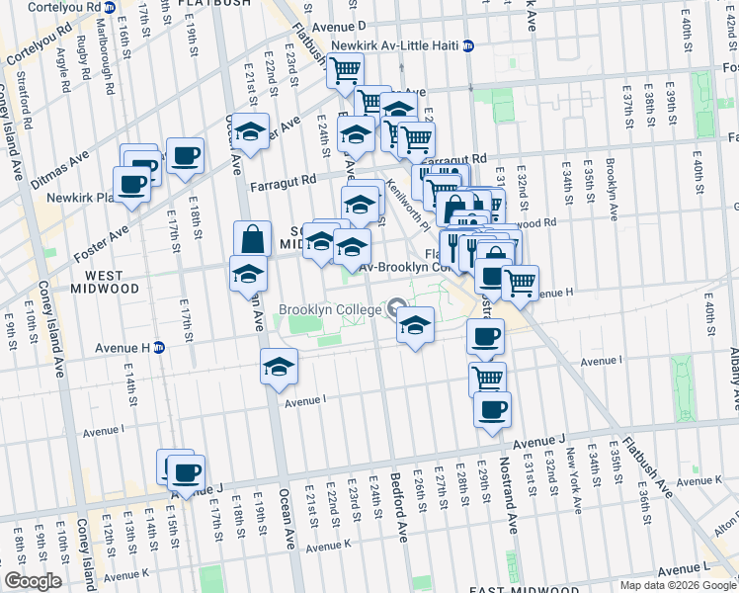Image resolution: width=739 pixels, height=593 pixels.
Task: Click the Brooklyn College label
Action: pos(329,309)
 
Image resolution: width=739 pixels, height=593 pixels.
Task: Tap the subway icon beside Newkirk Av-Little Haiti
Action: pos(468,45)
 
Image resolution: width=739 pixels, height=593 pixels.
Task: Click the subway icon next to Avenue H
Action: pos(158,347)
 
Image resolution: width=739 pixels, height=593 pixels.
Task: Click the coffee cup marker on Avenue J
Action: pos(186,472)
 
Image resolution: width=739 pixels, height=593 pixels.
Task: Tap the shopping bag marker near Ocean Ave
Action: pos(252,239)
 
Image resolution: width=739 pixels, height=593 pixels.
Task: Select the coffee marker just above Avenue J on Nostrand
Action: pos(492,409)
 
